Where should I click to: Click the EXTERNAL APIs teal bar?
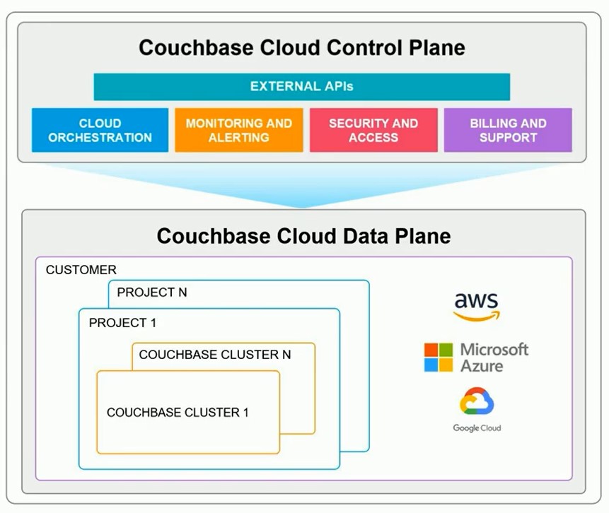point(301,87)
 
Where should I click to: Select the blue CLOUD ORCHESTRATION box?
point(100,130)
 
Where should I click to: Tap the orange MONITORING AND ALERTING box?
point(238,130)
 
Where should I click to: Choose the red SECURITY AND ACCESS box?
point(373,130)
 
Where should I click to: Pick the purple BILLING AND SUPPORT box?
point(508,130)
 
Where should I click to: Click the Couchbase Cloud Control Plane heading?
point(302,47)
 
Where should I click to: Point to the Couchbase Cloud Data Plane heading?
point(303,235)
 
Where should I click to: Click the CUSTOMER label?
point(81,270)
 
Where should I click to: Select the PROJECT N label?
point(152,292)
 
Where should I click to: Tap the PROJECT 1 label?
point(122,323)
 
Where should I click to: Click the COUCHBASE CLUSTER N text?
point(215,355)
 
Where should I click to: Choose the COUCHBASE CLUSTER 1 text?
point(178,412)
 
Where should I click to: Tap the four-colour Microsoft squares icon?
point(438,358)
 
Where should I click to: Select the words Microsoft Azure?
point(494,358)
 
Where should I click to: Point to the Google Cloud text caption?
point(477,428)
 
